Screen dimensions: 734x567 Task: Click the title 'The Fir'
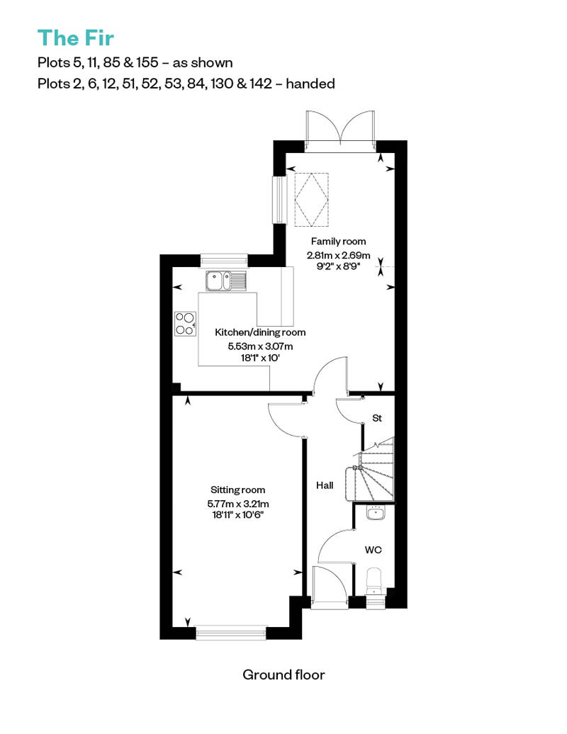pos(75,37)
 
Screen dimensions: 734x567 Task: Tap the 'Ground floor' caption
pos(283,674)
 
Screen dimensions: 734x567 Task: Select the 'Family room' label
pos(337,242)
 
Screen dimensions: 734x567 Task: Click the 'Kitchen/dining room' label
pos(260,332)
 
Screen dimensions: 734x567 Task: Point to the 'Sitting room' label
pos(237,490)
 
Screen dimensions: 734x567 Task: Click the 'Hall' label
pos(325,486)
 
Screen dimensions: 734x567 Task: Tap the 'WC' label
pos(373,549)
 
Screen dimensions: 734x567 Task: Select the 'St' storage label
pos(377,419)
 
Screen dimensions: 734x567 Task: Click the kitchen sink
pos(225,281)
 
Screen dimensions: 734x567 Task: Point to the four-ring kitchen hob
pos(185,324)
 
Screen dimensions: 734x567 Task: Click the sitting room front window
pos(231,632)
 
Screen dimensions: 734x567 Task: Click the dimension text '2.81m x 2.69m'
pos(337,255)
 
